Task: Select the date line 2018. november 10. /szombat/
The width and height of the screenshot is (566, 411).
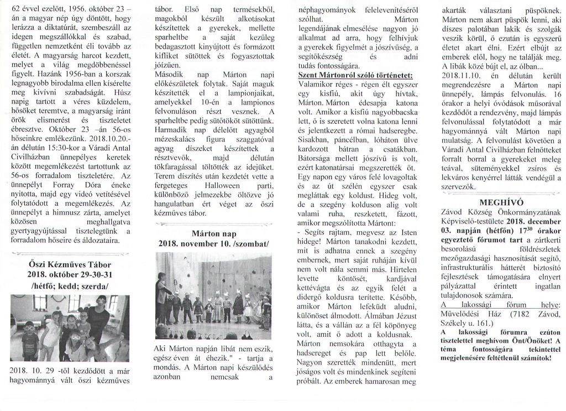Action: tap(214, 243)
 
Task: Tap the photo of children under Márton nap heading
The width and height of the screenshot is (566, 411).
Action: tap(214, 296)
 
